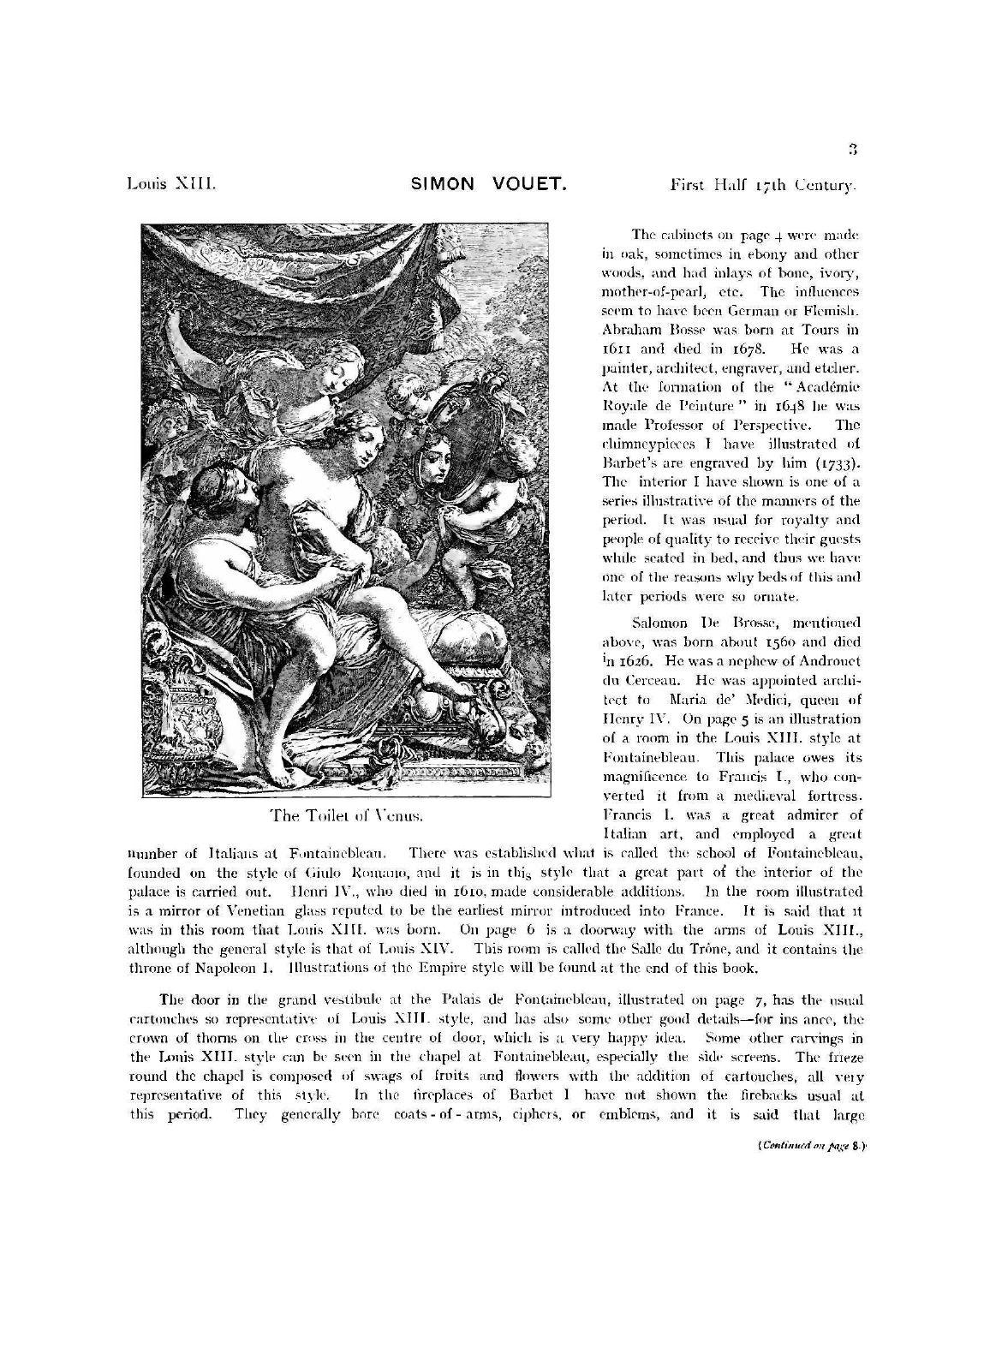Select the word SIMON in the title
pyautogui.click(x=443, y=184)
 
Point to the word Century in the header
pyautogui.click(x=825, y=184)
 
